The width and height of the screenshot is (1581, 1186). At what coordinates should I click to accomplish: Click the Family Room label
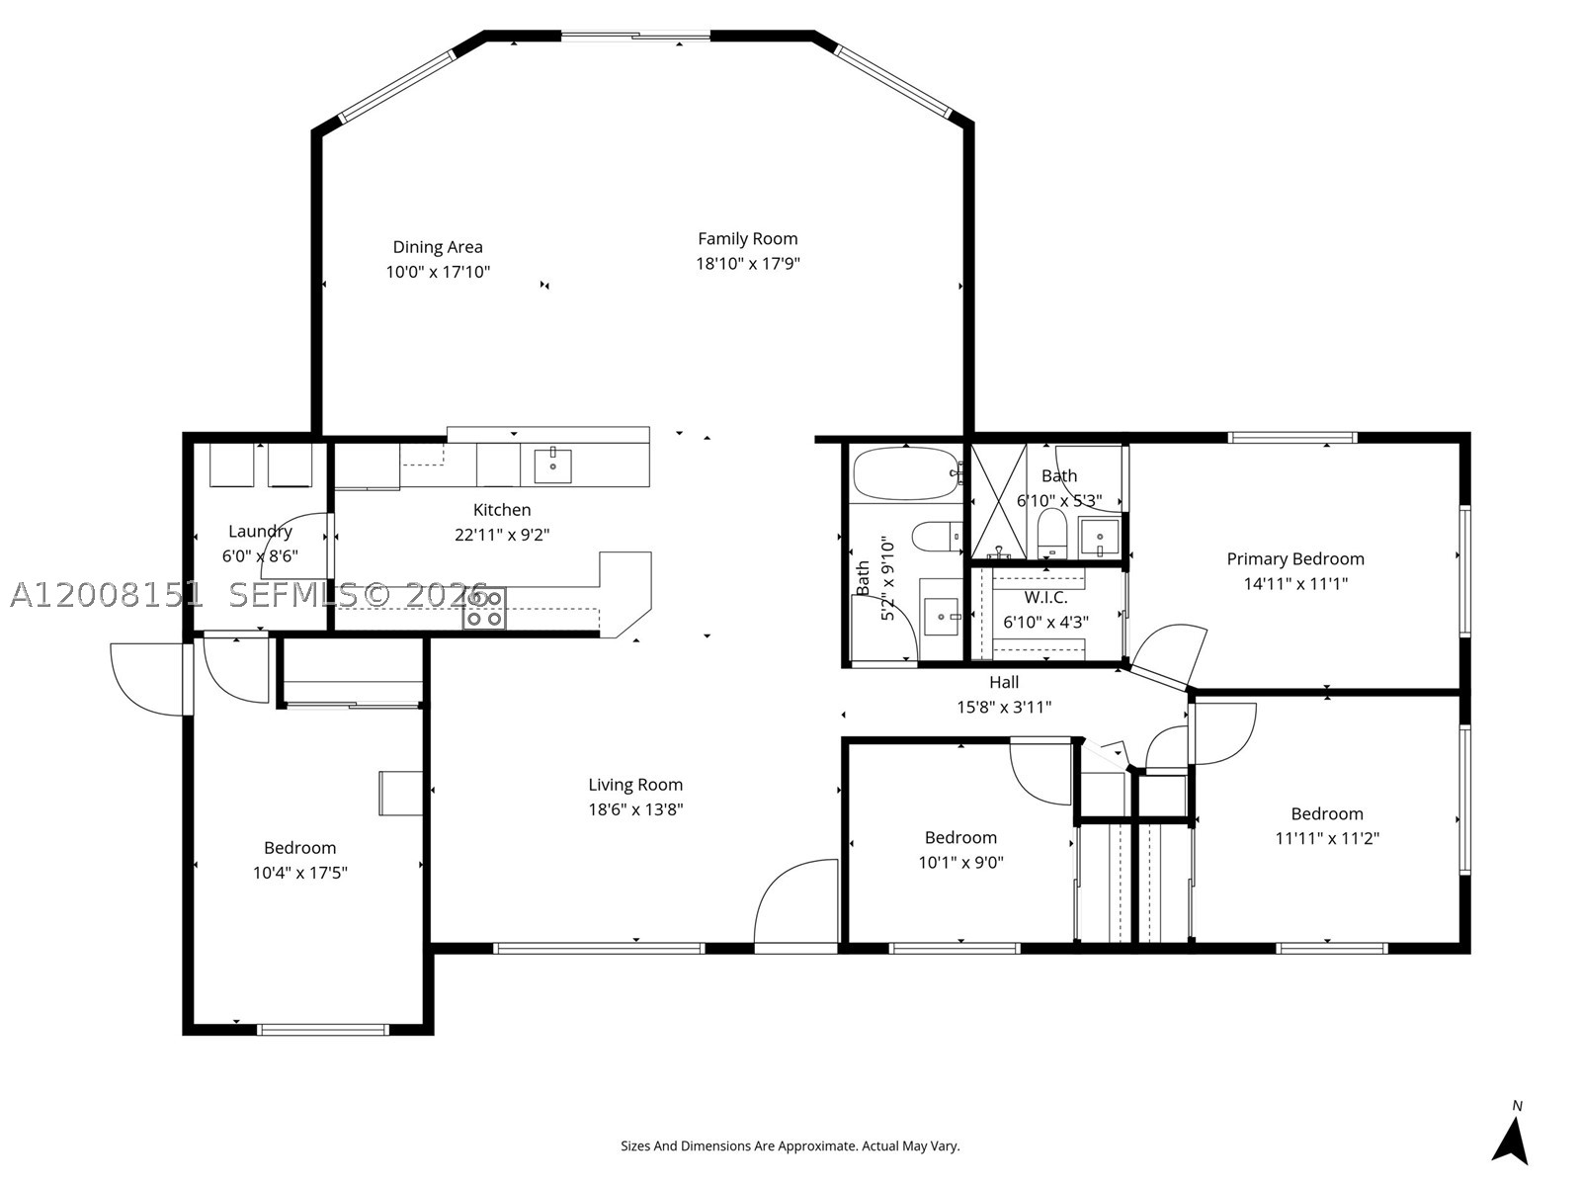pos(747,238)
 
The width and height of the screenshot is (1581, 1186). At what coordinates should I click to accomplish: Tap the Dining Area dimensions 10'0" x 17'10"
pos(438,272)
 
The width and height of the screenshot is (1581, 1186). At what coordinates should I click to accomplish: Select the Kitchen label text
pos(502,510)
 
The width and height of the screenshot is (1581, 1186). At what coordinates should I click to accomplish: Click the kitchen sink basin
pos(552,466)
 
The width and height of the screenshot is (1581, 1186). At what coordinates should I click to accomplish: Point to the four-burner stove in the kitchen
pos(483,609)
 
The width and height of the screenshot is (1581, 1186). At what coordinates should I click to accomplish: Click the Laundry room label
pos(260,532)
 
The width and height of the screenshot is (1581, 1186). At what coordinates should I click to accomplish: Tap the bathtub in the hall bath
pos(907,473)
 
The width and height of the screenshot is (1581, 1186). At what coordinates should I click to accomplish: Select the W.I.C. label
pos(1045,597)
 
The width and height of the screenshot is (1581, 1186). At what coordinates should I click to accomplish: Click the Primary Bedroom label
pos(1295,558)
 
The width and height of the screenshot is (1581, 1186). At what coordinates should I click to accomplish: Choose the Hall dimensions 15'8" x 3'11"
pos(1003,707)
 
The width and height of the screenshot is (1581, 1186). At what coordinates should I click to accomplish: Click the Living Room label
pos(635,784)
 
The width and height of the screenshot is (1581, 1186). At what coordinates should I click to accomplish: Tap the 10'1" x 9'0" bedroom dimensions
pos(960,862)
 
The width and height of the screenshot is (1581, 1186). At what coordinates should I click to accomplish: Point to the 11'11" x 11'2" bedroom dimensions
pos(1327,838)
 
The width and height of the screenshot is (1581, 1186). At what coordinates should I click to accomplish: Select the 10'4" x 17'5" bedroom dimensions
pos(299,873)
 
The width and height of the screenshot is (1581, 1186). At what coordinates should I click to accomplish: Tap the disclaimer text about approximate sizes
pos(790,1145)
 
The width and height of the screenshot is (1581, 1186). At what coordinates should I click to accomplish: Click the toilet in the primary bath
pos(1052,533)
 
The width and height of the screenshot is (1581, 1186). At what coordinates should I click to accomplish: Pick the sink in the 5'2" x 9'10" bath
pos(942,617)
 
